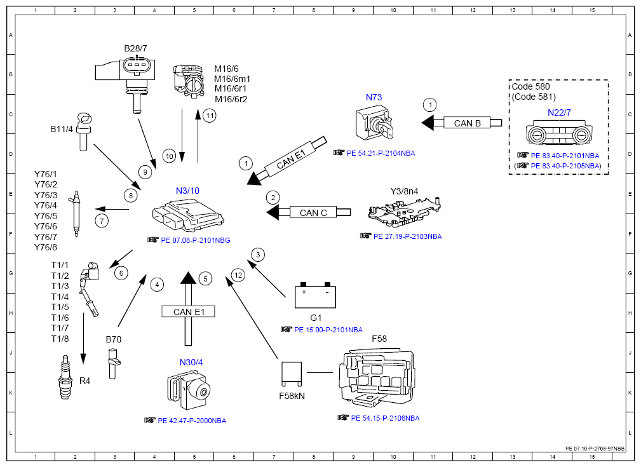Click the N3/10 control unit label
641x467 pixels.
point(187,191)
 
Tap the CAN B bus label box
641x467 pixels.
point(467,123)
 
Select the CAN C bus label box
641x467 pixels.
point(313,213)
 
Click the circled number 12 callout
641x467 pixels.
point(238,275)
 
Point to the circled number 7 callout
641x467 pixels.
point(102,221)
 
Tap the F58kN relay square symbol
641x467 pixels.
point(292,374)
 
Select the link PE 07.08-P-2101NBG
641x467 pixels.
point(196,240)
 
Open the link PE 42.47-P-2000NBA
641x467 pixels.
point(192,421)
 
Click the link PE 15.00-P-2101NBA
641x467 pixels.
point(328,330)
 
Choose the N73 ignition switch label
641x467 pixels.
point(374,97)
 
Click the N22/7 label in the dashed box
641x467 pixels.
point(559,112)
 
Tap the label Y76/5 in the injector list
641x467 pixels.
point(46,216)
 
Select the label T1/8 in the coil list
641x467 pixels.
point(60,339)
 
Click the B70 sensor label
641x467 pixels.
point(113,339)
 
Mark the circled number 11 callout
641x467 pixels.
point(210,116)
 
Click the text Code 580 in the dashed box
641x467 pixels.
point(530,86)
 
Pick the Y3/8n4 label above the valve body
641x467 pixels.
point(404,191)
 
